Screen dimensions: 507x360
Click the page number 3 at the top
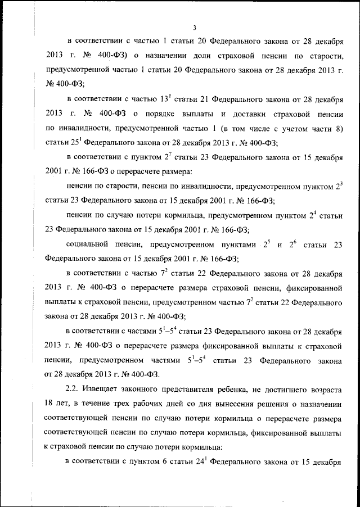(193, 28)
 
